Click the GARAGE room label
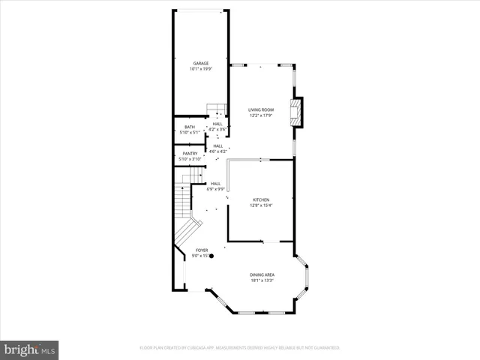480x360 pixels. pos(200,63)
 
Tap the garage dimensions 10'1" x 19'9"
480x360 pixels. pos(200,68)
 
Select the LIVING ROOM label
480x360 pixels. pos(261,110)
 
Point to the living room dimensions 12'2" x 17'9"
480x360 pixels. pos(261,115)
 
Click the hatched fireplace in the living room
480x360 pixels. pos(298,112)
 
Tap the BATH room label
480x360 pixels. pos(190,127)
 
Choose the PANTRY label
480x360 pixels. pos(190,154)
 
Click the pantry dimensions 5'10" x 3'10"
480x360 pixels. pos(190,159)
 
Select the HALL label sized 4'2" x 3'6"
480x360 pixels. pos(217,124)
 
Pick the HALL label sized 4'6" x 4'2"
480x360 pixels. pos(218,146)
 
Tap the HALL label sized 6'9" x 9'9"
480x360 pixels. pos(215,184)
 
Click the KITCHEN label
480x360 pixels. pos(260,200)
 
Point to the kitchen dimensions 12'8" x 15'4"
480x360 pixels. pos(260,205)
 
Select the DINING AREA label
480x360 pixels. pos(262,275)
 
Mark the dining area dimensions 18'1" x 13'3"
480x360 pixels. pos(262,280)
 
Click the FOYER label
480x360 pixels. pos(202,250)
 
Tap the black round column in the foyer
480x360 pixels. pos(211,256)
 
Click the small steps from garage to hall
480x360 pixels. pos(216,109)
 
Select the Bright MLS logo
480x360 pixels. pos(30,349)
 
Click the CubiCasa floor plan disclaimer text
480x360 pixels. pos(240,348)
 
